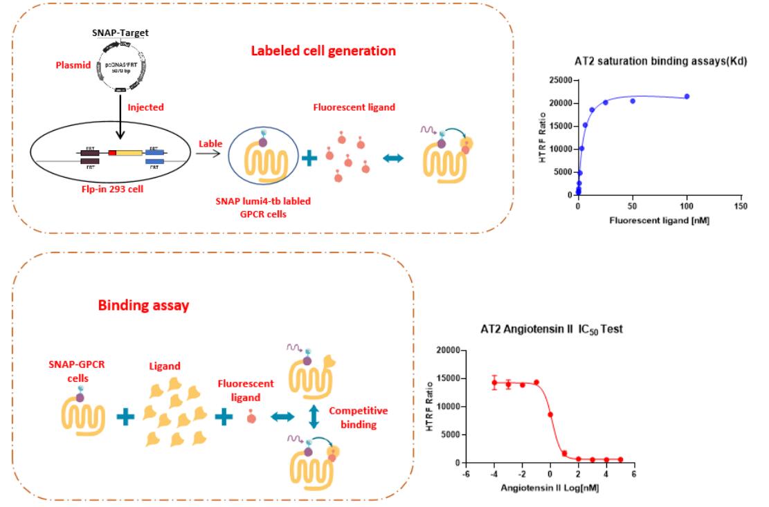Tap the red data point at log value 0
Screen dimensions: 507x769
tap(550, 414)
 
